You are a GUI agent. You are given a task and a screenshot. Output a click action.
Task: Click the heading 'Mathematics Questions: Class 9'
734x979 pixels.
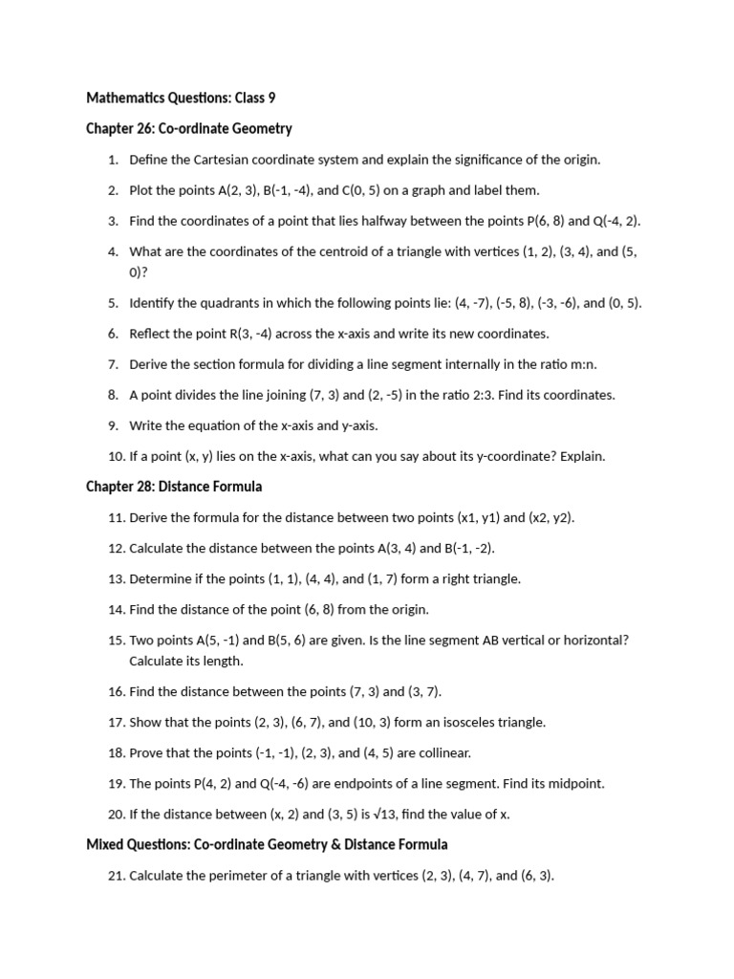tap(181, 98)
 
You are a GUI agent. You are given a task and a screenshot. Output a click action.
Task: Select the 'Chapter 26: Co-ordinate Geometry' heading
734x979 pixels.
tap(188, 128)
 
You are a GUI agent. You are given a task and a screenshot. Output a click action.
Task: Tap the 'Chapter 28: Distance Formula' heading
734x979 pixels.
tap(174, 487)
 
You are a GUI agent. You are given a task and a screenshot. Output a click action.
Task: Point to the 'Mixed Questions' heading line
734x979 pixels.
tap(267, 844)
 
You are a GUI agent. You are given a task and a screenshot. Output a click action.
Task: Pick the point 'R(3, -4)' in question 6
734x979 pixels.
tap(257, 334)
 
